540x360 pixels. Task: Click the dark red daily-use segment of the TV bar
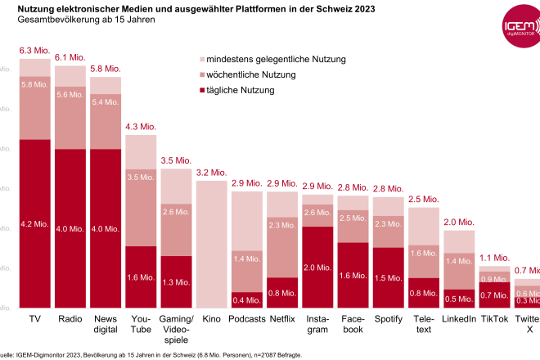tap(35, 223)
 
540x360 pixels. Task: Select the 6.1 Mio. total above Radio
tap(70, 57)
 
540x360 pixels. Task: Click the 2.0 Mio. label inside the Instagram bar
tap(317, 267)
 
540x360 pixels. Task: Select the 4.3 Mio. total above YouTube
tap(141, 127)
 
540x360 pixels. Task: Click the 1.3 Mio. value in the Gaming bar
tap(176, 282)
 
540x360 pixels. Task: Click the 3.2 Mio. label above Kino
tap(211, 173)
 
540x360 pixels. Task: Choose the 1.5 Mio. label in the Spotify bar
tap(388, 278)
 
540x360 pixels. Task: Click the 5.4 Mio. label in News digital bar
tap(106, 102)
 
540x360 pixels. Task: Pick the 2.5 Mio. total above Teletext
tap(423, 199)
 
